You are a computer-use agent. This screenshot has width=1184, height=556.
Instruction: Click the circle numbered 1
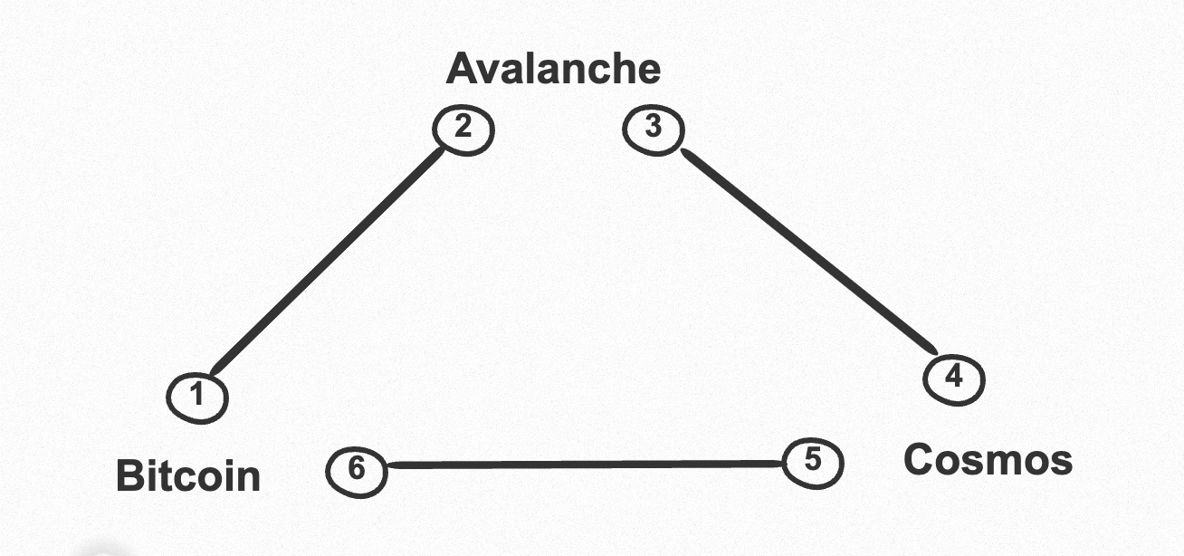(x=196, y=397)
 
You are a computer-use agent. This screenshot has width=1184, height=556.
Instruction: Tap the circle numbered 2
(x=464, y=129)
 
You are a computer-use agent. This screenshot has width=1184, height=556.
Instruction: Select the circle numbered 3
(x=653, y=129)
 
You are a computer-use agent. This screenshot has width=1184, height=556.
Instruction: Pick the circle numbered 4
(x=953, y=379)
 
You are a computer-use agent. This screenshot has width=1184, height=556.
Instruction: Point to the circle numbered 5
(x=812, y=462)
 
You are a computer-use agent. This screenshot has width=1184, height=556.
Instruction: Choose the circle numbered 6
(x=356, y=470)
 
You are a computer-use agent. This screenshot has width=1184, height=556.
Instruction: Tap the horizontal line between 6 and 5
(x=584, y=465)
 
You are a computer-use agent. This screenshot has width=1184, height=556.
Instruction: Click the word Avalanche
(x=553, y=69)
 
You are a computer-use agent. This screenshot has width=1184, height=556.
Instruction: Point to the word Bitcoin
(x=188, y=476)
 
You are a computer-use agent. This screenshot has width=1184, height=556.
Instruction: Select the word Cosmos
(x=988, y=460)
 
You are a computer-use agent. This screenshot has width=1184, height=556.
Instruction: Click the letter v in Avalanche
(x=488, y=72)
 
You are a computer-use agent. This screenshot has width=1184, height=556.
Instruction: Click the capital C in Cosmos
(x=919, y=460)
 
